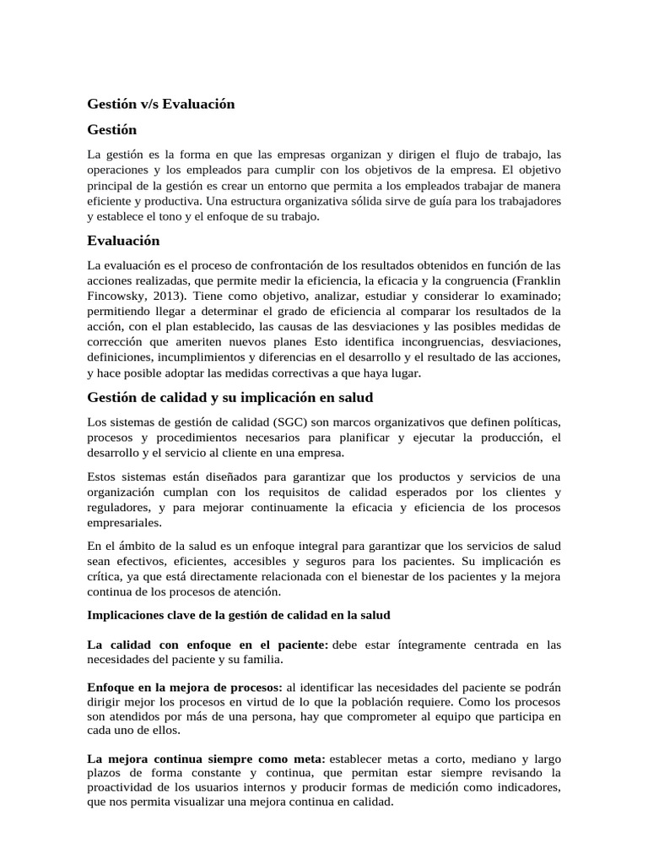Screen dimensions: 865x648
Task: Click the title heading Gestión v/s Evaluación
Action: coord(161,104)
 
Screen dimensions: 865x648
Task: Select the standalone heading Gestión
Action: coord(112,130)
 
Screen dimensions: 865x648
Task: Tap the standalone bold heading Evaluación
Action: coord(123,241)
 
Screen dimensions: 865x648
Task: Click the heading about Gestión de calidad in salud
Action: coord(230,397)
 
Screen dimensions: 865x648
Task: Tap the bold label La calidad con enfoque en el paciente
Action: coord(208,645)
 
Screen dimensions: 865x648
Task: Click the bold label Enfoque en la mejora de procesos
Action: coord(186,687)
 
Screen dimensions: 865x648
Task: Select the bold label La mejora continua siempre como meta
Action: coord(207,759)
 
